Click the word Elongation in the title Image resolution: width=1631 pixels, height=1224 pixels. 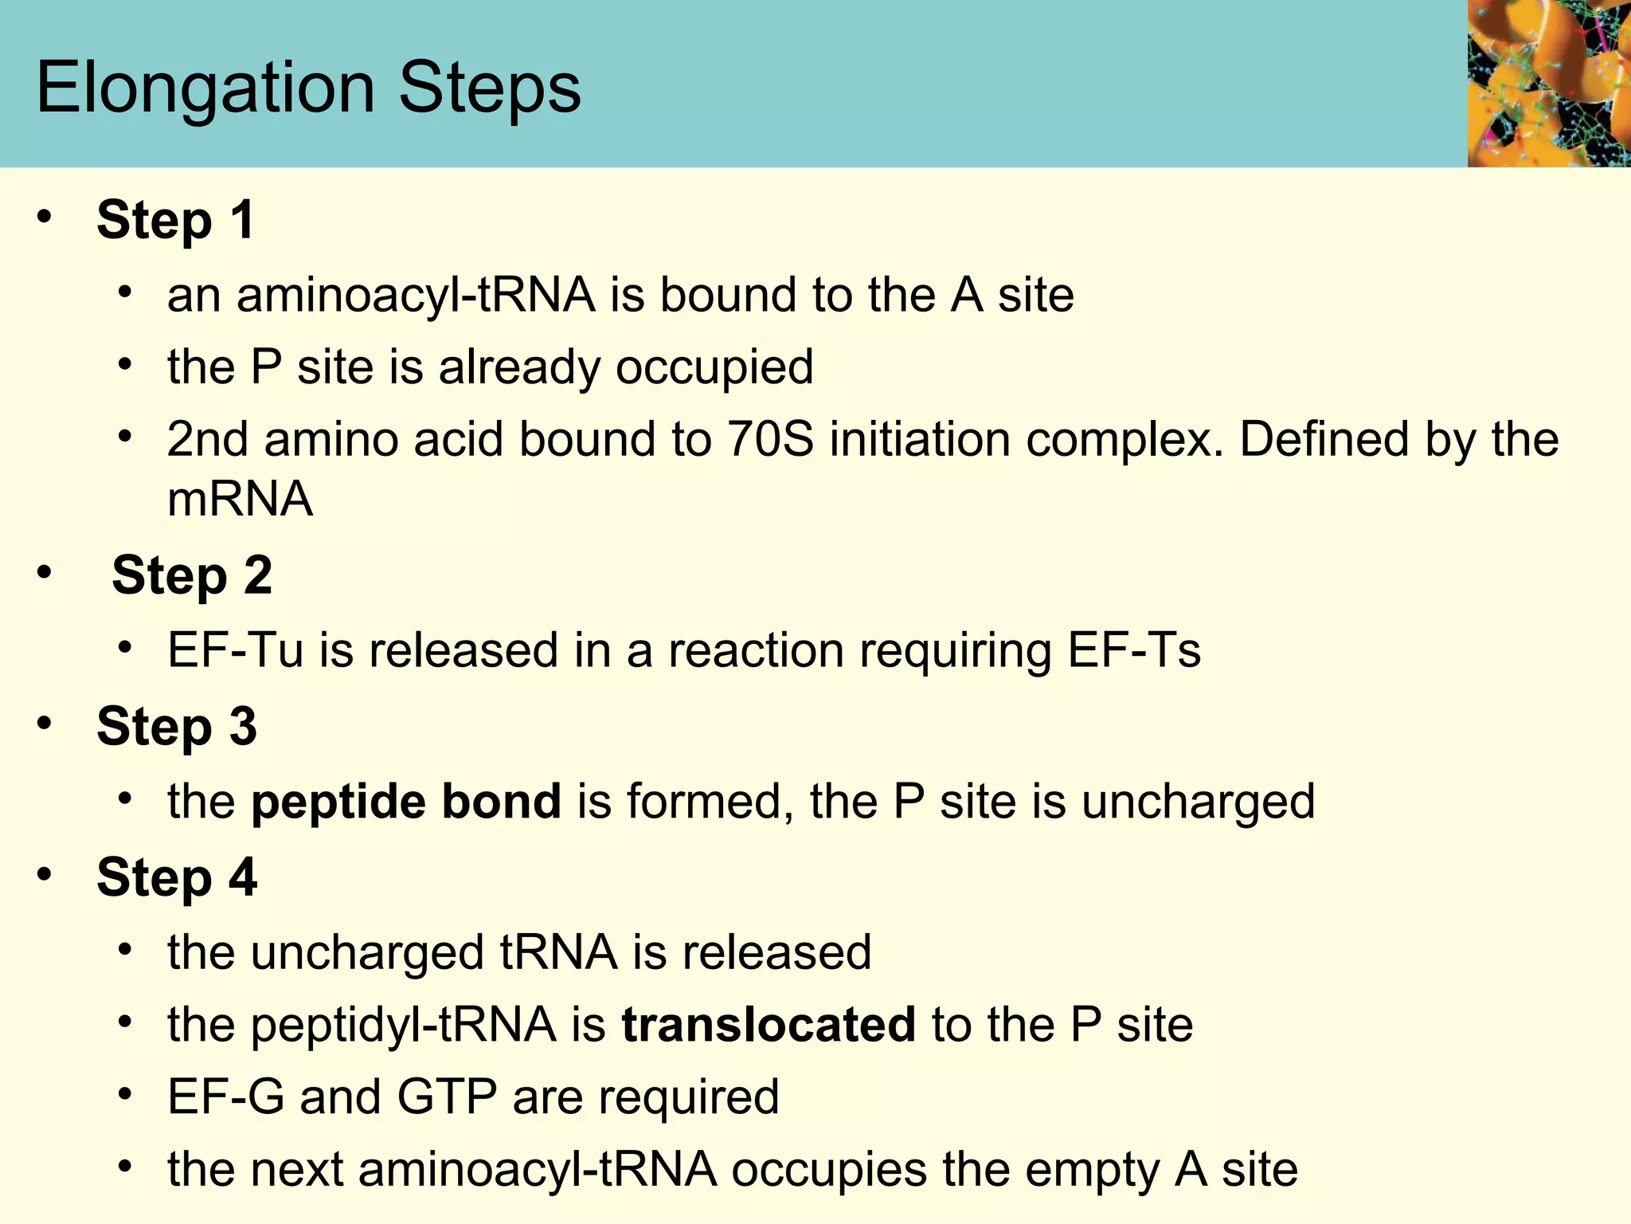click(x=205, y=88)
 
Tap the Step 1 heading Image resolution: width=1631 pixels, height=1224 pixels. click(x=176, y=220)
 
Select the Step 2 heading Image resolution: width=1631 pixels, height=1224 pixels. click(x=192, y=575)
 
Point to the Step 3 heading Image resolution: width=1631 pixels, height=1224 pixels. click(x=177, y=727)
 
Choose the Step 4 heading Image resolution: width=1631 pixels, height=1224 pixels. click(x=177, y=877)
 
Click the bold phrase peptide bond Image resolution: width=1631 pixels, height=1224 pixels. click(x=406, y=802)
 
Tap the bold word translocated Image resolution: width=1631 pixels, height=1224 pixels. click(x=769, y=1025)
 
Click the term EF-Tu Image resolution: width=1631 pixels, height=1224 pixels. click(x=236, y=650)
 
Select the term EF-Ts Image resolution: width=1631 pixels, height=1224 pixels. click(x=1134, y=650)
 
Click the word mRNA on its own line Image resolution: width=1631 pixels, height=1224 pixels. click(x=240, y=500)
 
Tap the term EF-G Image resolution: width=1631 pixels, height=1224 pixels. click(x=225, y=1096)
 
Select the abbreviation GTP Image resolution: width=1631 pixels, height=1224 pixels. click(x=447, y=1096)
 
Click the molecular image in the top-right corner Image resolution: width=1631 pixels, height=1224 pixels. click(x=1548, y=83)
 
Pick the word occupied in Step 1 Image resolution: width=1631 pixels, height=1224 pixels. click(x=714, y=367)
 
